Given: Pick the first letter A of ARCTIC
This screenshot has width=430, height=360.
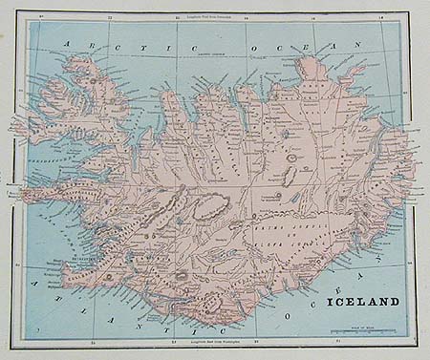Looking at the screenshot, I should (64, 44).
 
